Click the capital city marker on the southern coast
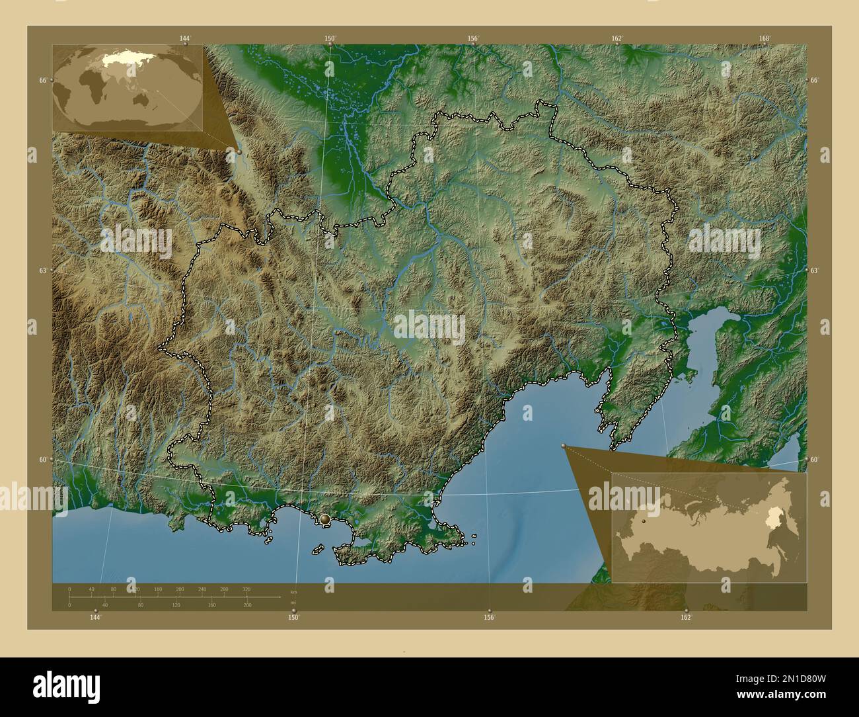click(324, 521)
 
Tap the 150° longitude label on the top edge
click(330, 38)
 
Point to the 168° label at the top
click(765, 38)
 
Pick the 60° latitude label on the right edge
click(814, 460)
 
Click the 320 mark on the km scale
click(246, 589)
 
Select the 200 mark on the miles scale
click(247, 605)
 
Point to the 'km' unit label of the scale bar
click(293, 591)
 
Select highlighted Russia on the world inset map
click(126, 58)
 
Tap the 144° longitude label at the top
click(185, 38)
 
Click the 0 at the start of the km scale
click(69, 589)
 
